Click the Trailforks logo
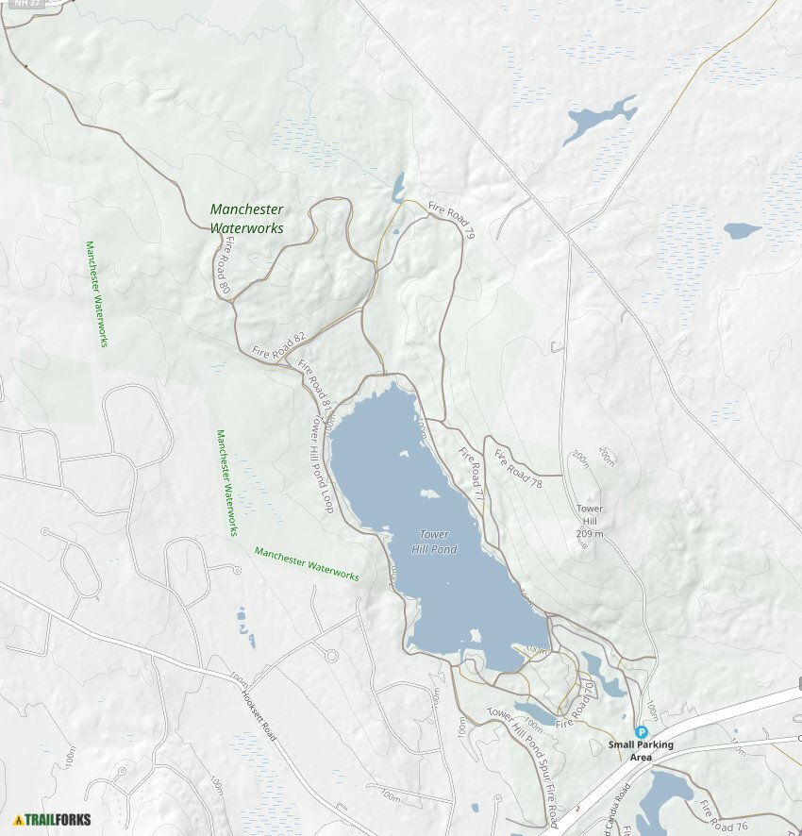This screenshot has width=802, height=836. (x=53, y=819)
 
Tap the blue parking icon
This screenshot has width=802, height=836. (x=642, y=731)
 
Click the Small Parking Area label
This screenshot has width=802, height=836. (x=641, y=750)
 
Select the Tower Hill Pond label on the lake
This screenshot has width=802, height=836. (x=434, y=543)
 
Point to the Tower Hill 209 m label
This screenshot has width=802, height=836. (x=590, y=521)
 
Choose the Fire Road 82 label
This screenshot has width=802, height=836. (x=279, y=346)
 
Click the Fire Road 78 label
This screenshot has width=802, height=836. (x=518, y=468)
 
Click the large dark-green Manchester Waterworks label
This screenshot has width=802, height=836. (x=246, y=218)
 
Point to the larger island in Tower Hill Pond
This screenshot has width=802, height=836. (x=430, y=494)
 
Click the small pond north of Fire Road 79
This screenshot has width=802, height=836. (x=399, y=185)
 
